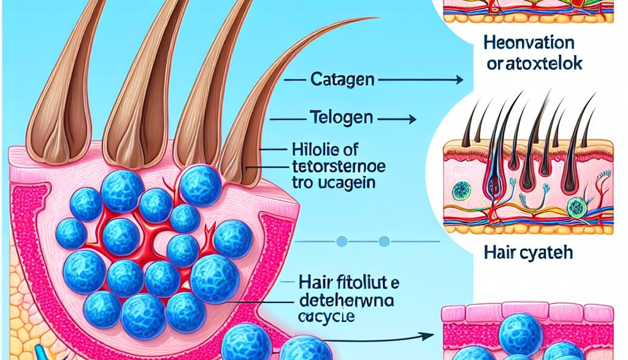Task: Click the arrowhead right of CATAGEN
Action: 459,80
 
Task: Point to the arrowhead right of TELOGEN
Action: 413,120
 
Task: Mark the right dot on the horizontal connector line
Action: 385,240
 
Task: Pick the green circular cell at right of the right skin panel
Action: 576,207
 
